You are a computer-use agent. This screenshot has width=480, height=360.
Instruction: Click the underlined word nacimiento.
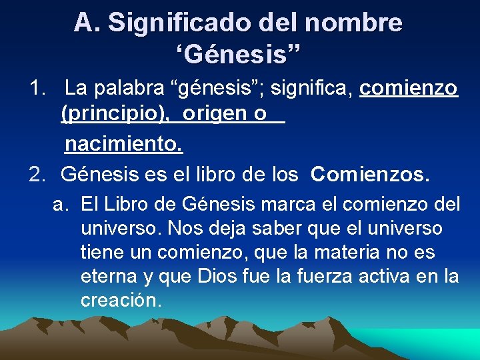(x=123, y=143)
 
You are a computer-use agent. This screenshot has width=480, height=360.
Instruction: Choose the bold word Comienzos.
(x=370, y=175)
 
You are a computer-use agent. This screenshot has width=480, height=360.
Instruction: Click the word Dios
(x=218, y=277)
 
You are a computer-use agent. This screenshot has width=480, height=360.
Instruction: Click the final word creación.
(x=121, y=301)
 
